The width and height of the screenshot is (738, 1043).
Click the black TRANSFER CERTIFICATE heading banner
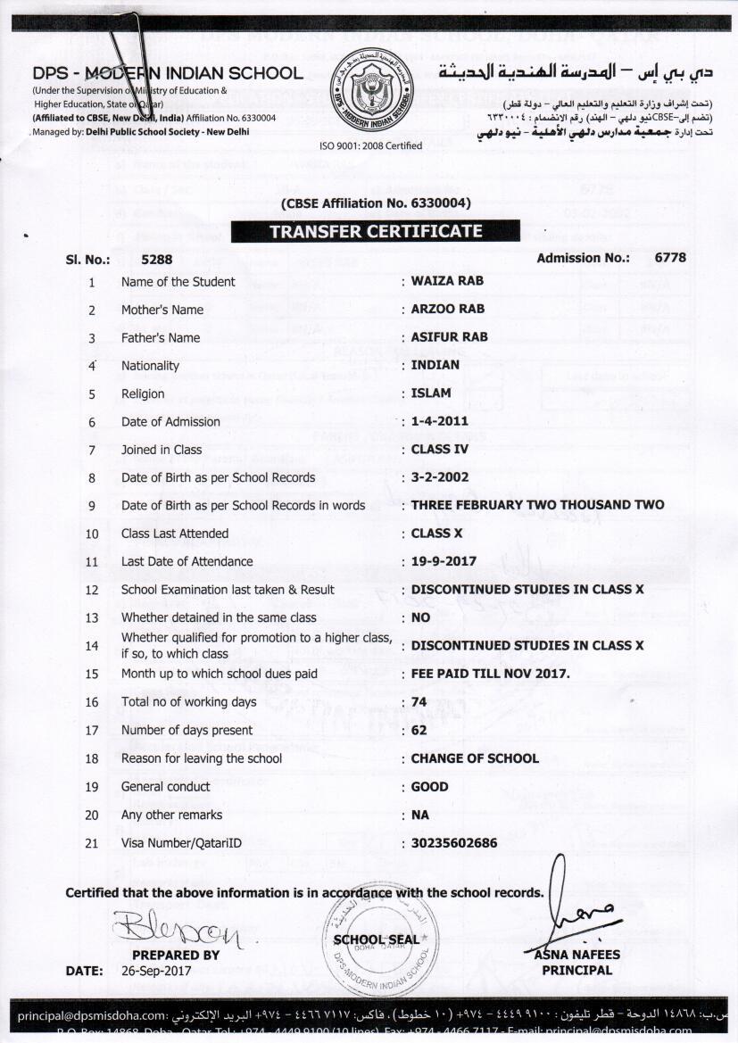tap(375, 231)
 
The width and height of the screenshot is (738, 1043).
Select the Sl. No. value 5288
tap(157, 259)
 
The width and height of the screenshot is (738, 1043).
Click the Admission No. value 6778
tap(670, 258)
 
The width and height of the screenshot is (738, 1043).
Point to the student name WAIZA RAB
tap(447, 281)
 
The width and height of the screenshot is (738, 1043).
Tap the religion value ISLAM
tap(431, 393)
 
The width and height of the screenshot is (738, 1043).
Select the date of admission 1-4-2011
tap(440, 421)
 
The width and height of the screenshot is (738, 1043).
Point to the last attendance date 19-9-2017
tap(444, 561)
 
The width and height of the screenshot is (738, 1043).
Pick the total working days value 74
tap(419, 702)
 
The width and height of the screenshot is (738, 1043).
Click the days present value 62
tap(419, 730)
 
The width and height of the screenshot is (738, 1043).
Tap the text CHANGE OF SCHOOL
tap(475, 758)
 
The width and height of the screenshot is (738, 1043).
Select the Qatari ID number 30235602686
tap(454, 842)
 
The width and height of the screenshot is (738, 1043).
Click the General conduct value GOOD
tap(429, 787)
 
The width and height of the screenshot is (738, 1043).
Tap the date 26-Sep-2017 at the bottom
tap(154, 971)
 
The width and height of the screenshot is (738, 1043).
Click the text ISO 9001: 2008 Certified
tap(370, 145)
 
